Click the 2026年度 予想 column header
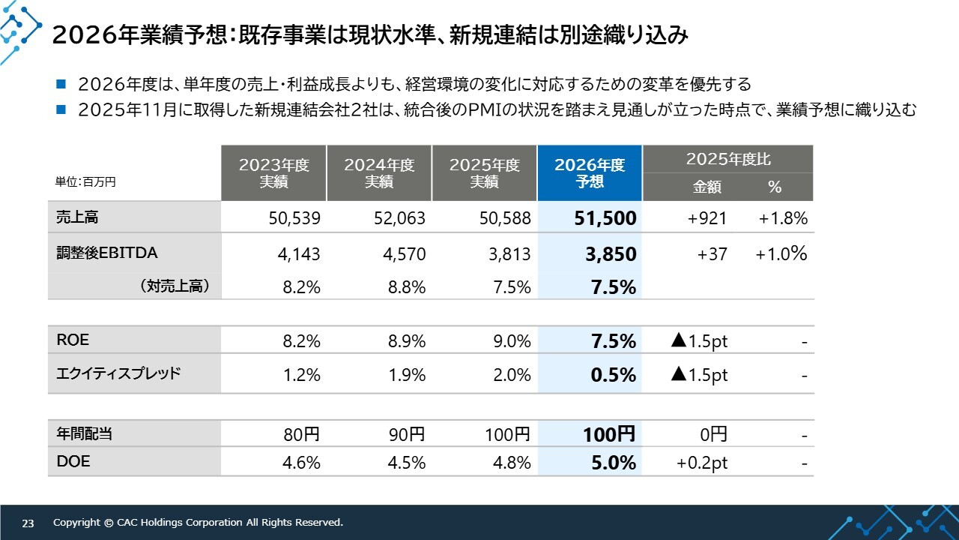590,173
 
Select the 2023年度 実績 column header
273,173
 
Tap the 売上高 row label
77,218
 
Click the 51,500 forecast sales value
605,219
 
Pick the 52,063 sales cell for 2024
399,219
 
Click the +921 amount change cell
707,219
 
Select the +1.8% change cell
782,219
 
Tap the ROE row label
73,340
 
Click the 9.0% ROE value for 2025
512,342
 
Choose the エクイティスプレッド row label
118,373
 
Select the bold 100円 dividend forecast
609,434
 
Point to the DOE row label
73,462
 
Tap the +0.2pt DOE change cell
702,463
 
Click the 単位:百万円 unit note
85,181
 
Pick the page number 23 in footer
28,523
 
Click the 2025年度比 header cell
727,159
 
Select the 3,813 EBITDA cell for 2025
509,254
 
